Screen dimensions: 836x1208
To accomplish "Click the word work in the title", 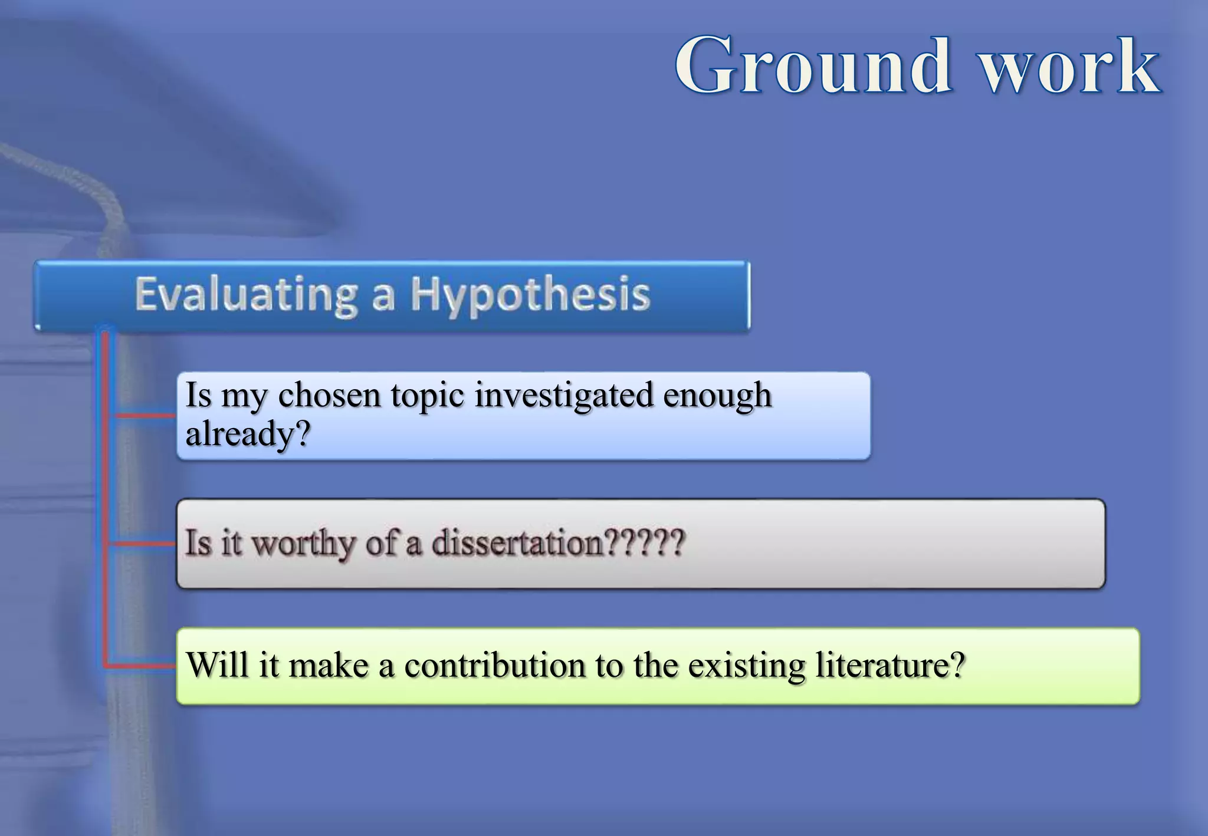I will tap(1070, 66).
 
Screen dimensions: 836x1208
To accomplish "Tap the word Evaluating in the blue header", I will tap(246, 294).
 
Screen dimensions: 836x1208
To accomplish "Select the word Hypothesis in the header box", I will tap(530, 295).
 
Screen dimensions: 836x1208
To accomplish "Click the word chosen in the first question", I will tap(329, 395).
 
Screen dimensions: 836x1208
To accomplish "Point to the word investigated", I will tap(564, 395).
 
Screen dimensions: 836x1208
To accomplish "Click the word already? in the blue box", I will tap(248, 435).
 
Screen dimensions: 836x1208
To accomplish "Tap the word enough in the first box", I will tap(717, 395).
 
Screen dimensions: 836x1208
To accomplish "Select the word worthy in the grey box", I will tap(303, 544).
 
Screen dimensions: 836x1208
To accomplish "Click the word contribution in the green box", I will tap(494, 665).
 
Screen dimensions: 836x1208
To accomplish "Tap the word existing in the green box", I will tap(746, 666).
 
